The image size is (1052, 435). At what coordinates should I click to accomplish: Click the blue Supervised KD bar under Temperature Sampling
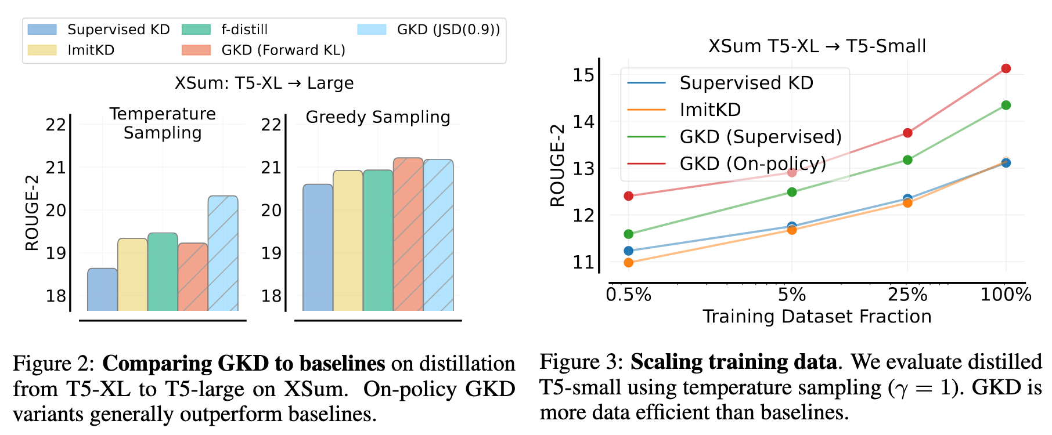click(x=102, y=289)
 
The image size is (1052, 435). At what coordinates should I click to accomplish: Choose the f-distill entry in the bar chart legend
click(x=244, y=30)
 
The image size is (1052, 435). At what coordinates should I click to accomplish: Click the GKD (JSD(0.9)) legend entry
click(x=448, y=30)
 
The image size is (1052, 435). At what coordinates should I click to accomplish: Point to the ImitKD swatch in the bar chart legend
click(x=42, y=50)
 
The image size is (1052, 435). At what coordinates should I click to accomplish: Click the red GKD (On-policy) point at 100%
click(x=1006, y=68)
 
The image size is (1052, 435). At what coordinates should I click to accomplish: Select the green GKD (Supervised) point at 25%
click(x=907, y=160)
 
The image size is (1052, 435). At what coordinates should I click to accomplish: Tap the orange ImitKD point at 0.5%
click(x=628, y=263)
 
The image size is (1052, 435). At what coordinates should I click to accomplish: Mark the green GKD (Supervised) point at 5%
click(x=792, y=192)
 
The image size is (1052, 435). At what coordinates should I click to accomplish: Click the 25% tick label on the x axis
click(x=907, y=295)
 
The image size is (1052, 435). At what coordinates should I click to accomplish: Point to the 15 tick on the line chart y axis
click(x=583, y=75)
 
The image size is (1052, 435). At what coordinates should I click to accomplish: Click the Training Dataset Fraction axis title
click(x=817, y=317)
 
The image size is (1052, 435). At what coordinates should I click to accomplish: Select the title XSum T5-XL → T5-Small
click(x=817, y=46)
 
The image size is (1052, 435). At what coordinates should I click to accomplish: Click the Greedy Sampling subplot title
click(x=378, y=117)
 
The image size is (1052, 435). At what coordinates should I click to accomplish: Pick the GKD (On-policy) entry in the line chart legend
click(x=752, y=164)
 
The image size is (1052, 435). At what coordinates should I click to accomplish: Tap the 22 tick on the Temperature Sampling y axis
click(x=56, y=125)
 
